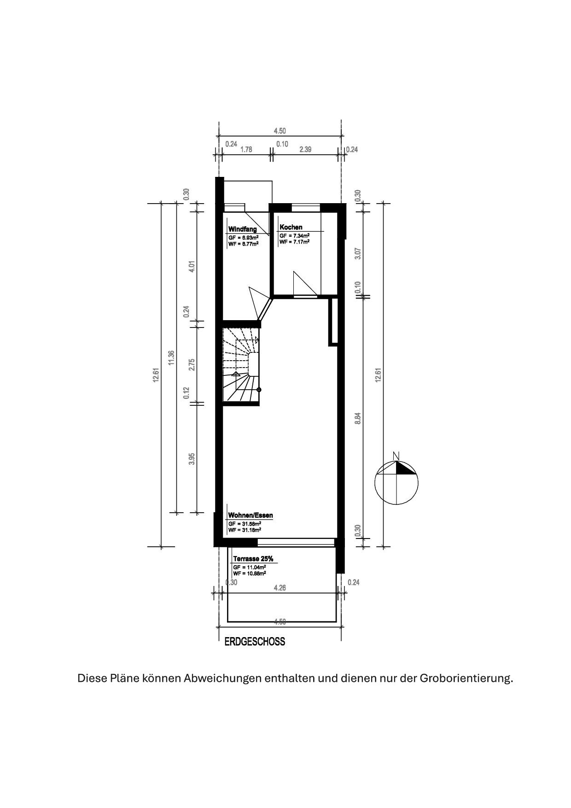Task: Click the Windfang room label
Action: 243,229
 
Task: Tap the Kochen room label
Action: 291,227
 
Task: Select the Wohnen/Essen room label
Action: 251,515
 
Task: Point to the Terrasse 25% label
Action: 253,559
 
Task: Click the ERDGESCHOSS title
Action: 255,642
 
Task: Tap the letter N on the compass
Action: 396,456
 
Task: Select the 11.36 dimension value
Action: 171,358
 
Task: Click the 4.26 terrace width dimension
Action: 280,587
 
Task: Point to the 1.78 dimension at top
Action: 246,149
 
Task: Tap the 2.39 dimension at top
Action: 305,149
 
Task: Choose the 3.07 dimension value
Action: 358,253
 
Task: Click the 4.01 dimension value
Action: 192,267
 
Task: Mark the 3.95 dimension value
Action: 192,459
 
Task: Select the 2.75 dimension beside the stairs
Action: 192,364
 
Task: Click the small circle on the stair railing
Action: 259,390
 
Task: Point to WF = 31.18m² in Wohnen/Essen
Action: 245,530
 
